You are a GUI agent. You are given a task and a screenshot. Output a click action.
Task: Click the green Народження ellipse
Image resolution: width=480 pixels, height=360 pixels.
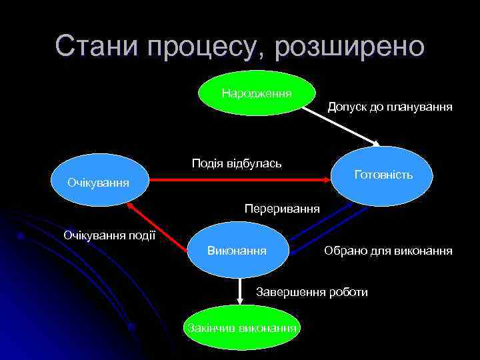click(257, 93)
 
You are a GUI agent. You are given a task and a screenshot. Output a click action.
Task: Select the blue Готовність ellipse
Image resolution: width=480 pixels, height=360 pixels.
click(383, 175)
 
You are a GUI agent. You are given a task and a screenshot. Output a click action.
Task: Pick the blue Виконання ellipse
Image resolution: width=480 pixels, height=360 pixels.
click(238, 251)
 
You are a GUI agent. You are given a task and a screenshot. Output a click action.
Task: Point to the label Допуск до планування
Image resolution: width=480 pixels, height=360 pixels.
click(390, 106)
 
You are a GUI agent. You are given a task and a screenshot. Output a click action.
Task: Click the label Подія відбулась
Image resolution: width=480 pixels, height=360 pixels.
click(237, 163)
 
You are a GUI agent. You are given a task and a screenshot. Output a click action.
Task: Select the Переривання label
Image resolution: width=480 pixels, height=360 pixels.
click(282, 209)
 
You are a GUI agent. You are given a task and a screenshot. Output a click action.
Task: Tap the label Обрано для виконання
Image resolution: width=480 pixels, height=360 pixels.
click(388, 251)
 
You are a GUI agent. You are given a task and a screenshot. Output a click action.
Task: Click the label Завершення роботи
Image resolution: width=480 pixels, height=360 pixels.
click(312, 292)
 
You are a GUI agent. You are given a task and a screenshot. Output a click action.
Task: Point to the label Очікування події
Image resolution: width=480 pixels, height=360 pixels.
click(109, 235)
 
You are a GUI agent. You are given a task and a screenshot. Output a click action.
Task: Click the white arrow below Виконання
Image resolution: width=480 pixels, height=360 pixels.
click(241, 291)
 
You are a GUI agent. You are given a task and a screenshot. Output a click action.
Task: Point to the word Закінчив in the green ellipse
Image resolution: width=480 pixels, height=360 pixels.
click(207, 327)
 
